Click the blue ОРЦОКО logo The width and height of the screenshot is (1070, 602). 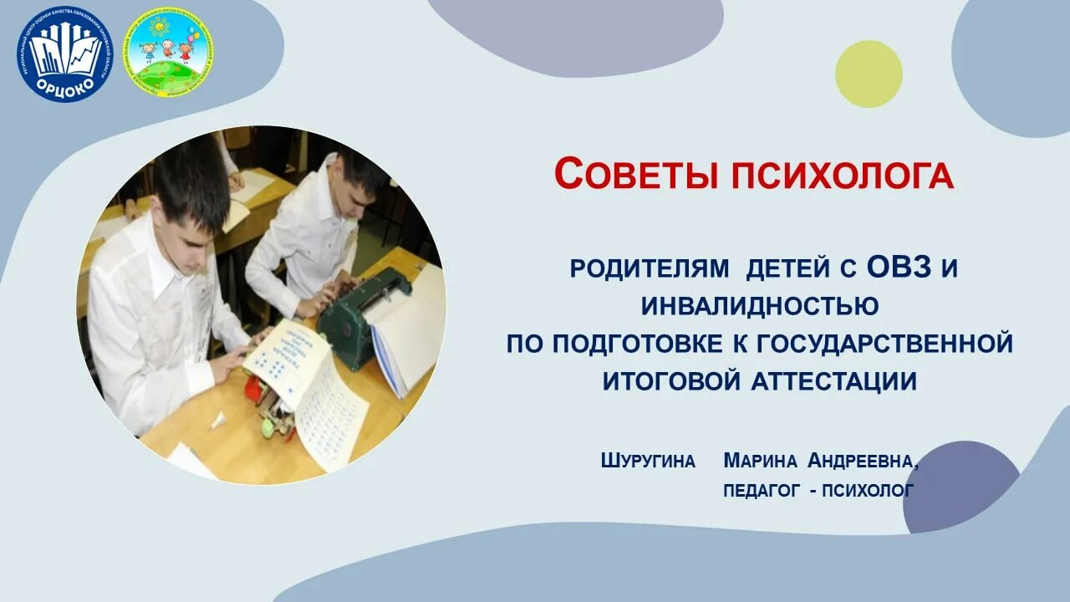point(64,54)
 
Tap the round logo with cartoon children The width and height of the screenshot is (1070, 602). point(167,52)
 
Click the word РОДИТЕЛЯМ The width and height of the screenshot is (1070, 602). point(639,269)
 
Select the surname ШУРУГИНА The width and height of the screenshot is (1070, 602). point(648,461)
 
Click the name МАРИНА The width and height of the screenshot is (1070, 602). point(761,461)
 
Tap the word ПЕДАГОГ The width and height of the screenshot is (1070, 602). point(762,491)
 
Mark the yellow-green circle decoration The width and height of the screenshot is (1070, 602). point(869,74)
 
